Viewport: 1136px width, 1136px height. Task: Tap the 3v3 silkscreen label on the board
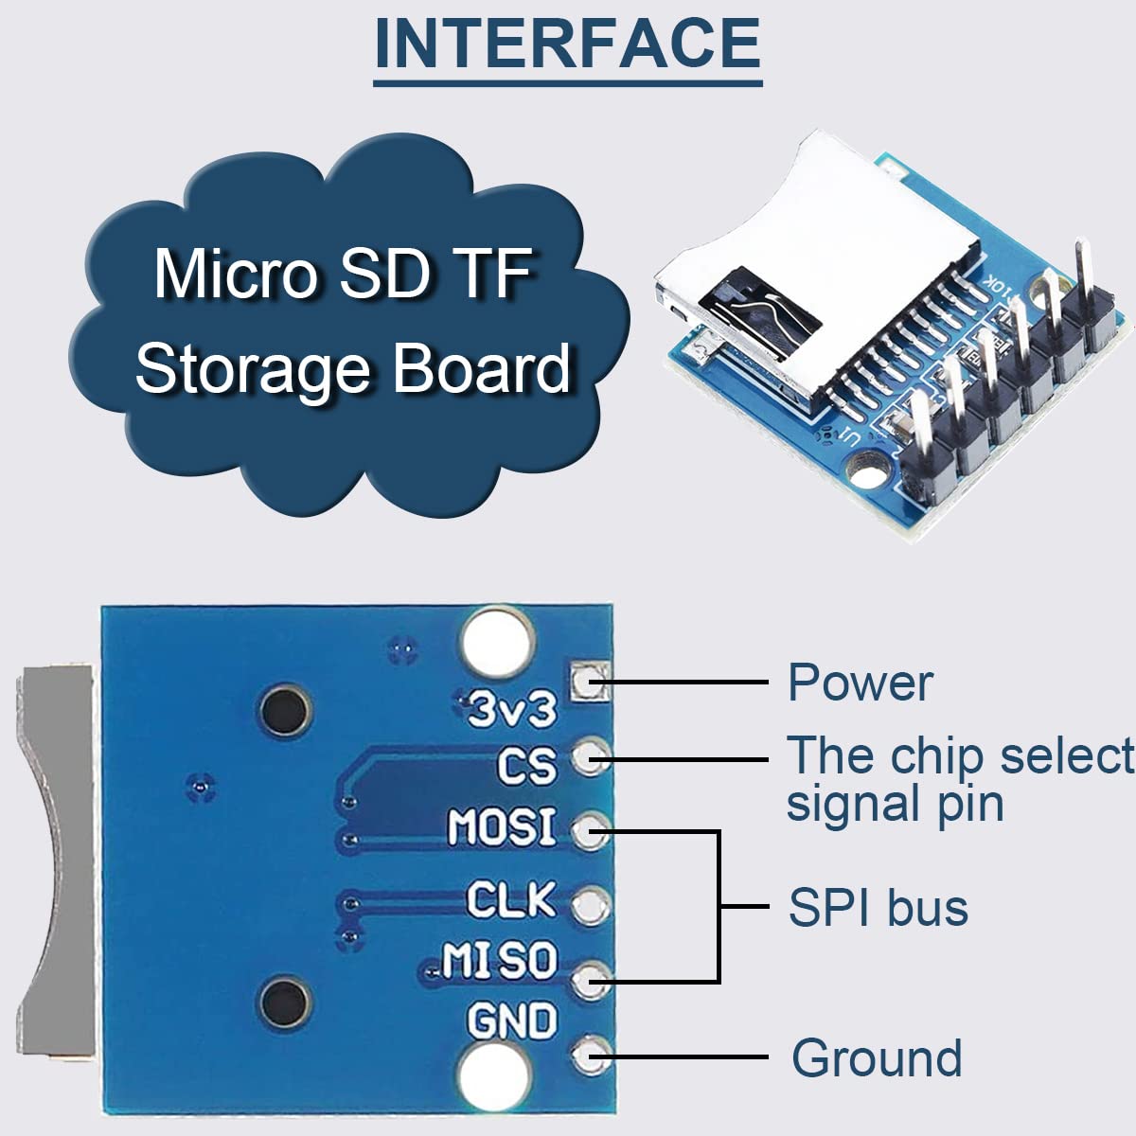coord(513,709)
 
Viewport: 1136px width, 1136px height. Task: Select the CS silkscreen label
coord(528,765)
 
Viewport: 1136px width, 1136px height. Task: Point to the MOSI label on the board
coord(502,827)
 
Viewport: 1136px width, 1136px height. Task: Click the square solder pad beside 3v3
coord(588,681)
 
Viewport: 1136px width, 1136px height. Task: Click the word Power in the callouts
coord(860,683)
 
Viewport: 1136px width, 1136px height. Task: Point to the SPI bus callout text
coord(878,908)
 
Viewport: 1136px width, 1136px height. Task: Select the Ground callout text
coord(877,1057)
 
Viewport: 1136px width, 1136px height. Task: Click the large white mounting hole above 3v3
coord(494,642)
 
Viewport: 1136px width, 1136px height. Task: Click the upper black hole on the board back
coord(285,710)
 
